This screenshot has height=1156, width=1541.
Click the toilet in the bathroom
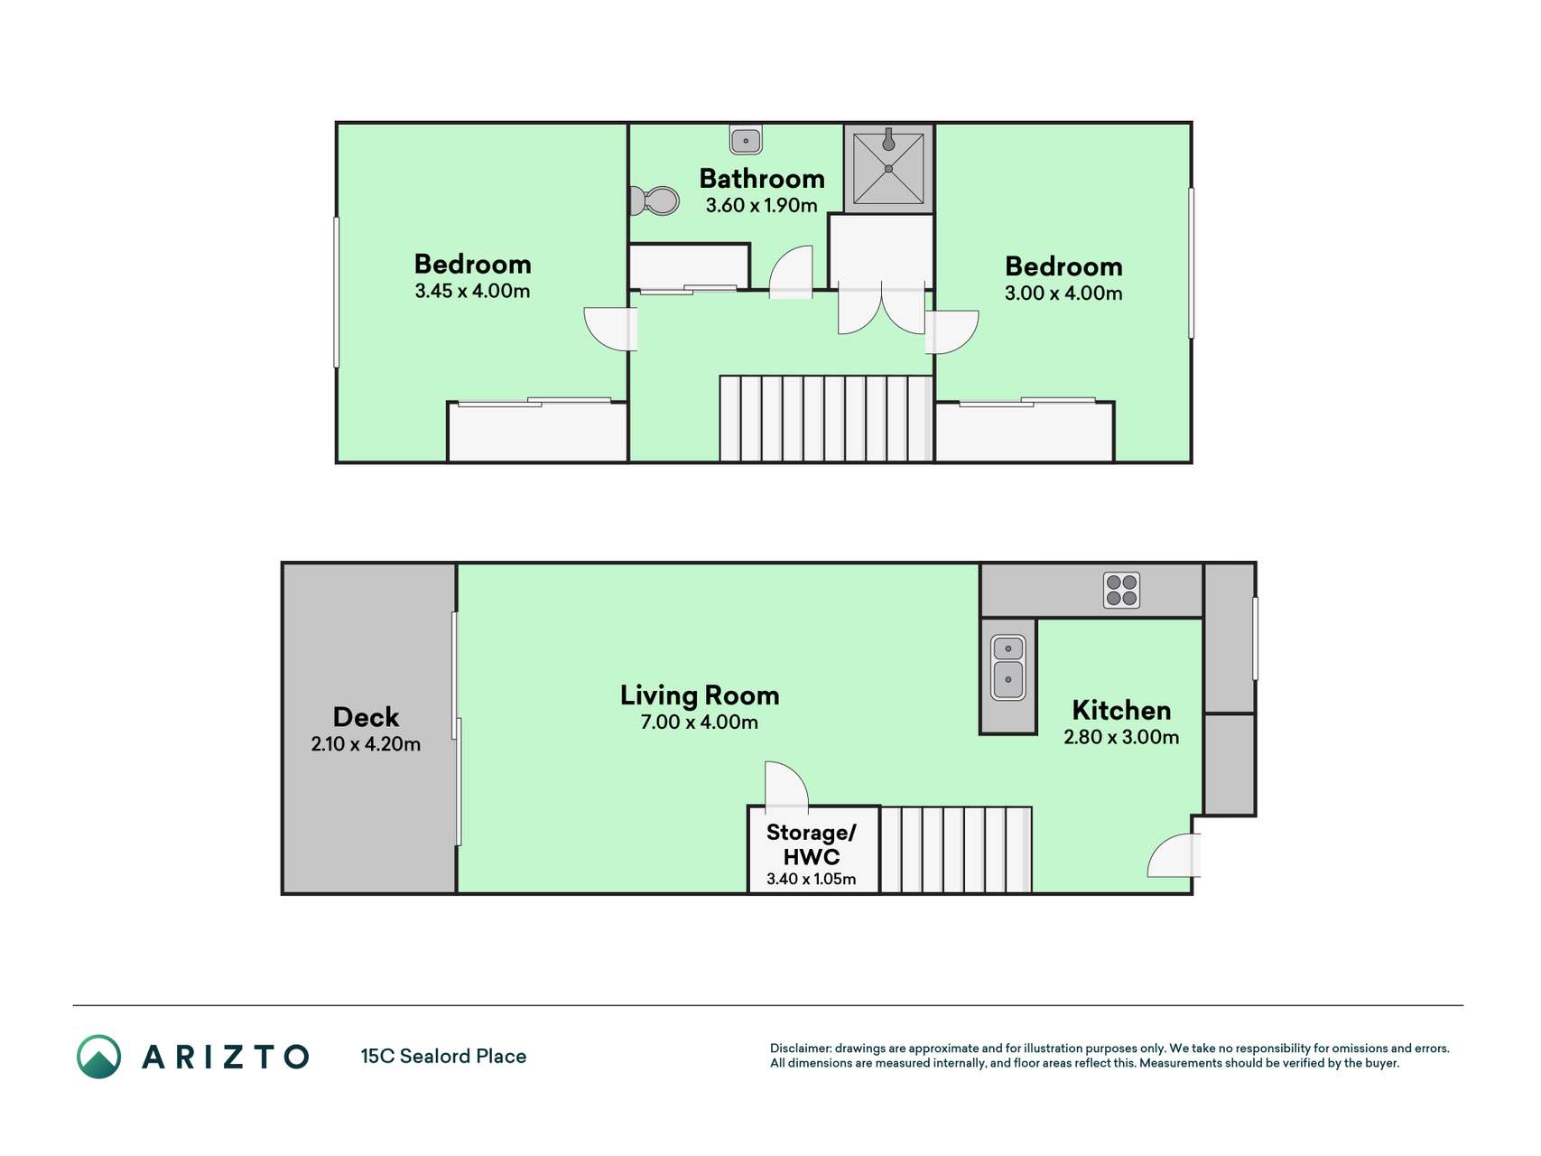pyautogui.click(x=654, y=200)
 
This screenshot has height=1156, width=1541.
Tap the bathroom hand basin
pyautogui.click(x=746, y=140)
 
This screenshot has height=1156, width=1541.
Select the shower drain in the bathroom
pyautogui.click(x=888, y=169)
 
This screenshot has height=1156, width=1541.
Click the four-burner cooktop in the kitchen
pyautogui.click(x=1121, y=590)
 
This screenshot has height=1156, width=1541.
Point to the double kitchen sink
pyautogui.click(x=1007, y=668)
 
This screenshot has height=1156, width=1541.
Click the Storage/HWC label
pyautogui.click(x=811, y=844)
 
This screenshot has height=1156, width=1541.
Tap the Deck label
pyautogui.click(x=366, y=717)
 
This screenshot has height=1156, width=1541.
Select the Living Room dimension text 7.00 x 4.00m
pyautogui.click(x=699, y=722)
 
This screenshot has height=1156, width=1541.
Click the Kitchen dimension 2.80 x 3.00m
pyautogui.click(x=1121, y=737)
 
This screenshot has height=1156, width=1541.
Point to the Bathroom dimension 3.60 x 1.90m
pyautogui.click(x=761, y=205)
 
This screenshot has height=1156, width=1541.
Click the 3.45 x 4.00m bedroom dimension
pyautogui.click(x=472, y=291)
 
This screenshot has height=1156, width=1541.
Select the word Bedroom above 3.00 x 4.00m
pyautogui.click(x=1063, y=266)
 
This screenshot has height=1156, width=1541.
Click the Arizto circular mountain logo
pyautogui.click(x=98, y=1057)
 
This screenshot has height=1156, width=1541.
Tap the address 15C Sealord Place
pyautogui.click(x=443, y=1057)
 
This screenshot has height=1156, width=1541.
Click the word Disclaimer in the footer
pyautogui.click(x=800, y=1049)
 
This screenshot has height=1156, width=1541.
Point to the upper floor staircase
pyautogui.click(x=825, y=419)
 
